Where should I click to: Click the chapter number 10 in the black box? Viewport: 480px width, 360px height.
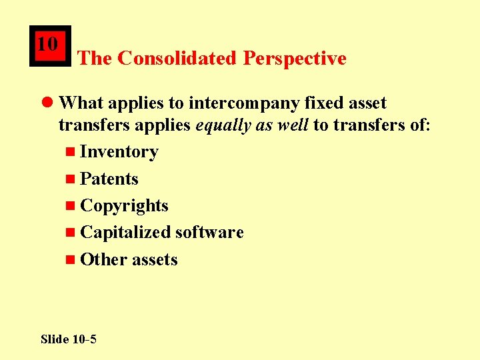click(47, 44)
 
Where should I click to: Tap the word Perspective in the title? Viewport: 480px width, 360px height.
click(295, 59)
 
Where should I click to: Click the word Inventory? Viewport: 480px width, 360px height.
click(119, 152)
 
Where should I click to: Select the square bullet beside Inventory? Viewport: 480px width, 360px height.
click(71, 153)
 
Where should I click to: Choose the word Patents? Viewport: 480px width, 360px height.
click(109, 179)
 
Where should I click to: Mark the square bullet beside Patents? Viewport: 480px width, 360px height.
click(71, 179)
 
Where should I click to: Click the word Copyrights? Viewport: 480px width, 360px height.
click(124, 205)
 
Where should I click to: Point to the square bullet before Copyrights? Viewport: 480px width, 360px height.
click(71, 206)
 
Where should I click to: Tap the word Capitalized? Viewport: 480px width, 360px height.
click(125, 232)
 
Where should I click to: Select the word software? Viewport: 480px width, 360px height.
click(209, 232)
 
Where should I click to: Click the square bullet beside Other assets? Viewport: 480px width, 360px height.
click(71, 260)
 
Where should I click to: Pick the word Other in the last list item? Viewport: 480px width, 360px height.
click(99, 259)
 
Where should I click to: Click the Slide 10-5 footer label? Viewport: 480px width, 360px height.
click(68, 339)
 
